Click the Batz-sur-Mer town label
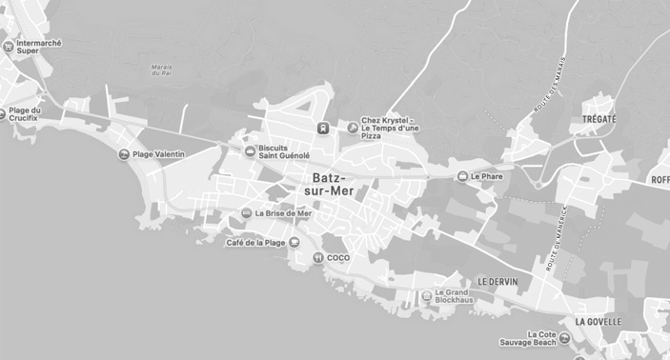(x=330, y=184)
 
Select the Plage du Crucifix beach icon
(x=3, y=113)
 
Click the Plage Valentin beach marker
(x=123, y=154)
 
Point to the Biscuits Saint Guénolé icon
(x=250, y=150)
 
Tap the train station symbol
(x=323, y=126)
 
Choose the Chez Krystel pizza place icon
(x=352, y=125)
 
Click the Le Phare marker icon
(x=462, y=176)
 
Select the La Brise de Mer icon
(x=246, y=213)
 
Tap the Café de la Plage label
(x=255, y=243)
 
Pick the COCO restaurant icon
(x=317, y=257)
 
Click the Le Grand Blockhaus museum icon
(x=426, y=296)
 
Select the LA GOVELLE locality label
(x=598, y=322)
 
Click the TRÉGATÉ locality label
(x=599, y=119)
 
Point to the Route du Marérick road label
(x=550, y=238)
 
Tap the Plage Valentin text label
(x=159, y=154)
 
